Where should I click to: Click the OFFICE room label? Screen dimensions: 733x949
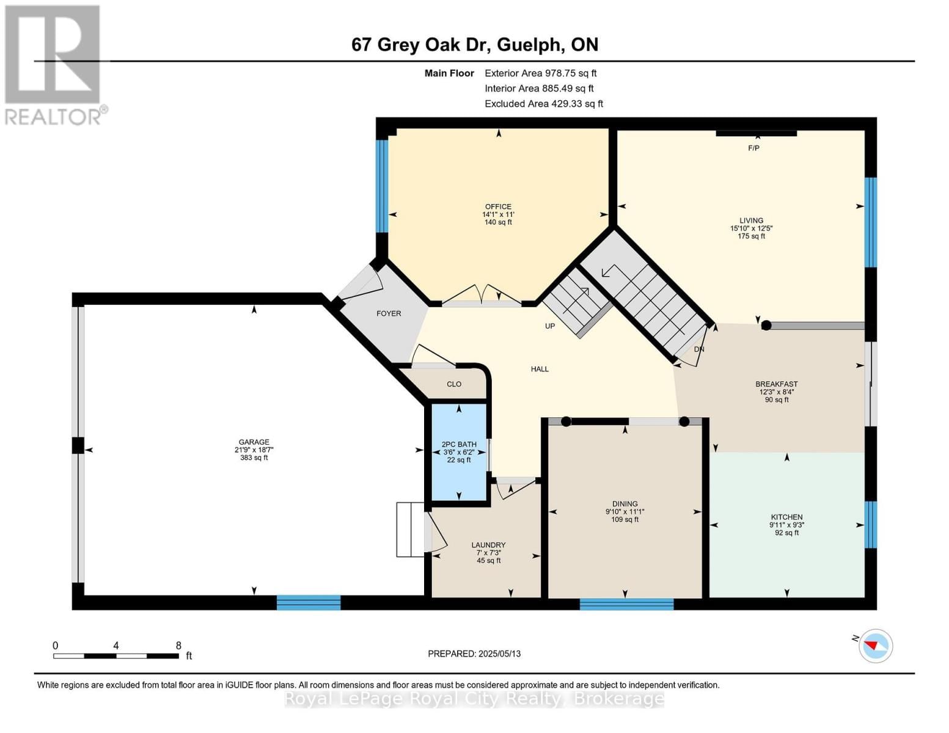498,206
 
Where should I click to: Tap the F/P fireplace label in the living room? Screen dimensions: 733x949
753,148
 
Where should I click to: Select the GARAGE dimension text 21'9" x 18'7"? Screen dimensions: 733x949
254,450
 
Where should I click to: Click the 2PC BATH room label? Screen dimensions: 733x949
459,444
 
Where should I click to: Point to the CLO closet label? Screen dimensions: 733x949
453,384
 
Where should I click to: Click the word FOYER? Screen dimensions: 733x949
389,313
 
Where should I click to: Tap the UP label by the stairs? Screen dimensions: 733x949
550,326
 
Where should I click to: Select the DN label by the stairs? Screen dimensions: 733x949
699,349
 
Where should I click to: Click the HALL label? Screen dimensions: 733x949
540,369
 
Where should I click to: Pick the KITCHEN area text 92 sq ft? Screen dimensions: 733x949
786,533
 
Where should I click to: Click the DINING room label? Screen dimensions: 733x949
625,504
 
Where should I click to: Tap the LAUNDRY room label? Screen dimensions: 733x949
488,545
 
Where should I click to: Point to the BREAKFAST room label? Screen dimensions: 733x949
776,384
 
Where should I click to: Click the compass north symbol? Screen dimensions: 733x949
876,646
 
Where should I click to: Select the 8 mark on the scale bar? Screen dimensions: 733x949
178,646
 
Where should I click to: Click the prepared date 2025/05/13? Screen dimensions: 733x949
499,654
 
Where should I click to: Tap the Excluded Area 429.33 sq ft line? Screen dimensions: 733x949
543,104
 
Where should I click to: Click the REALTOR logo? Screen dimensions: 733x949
53,64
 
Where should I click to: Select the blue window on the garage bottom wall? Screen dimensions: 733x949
308,603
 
